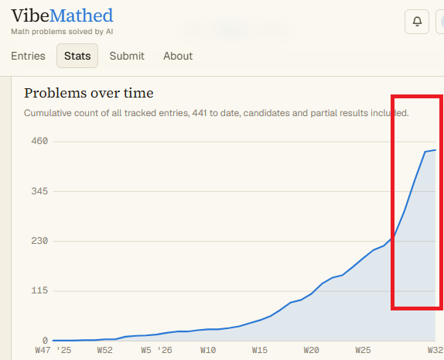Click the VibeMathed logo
click(62, 15)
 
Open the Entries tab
click(28, 56)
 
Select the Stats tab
click(77, 56)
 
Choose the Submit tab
click(127, 56)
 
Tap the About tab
click(178, 56)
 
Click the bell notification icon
click(417, 22)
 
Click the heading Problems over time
click(89, 93)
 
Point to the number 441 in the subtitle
click(200, 113)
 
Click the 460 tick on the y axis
click(39, 141)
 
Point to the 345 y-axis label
click(39, 191)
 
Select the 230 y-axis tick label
click(39, 241)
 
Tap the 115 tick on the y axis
click(39, 290)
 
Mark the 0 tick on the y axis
click(45, 340)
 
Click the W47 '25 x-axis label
click(53, 350)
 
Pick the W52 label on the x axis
click(104, 350)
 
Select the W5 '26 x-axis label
click(156, 350)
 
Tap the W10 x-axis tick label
click(208, 350)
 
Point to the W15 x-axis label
click(260, 350)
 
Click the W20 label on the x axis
click(312, 350)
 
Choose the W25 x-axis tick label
click(363, 350)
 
